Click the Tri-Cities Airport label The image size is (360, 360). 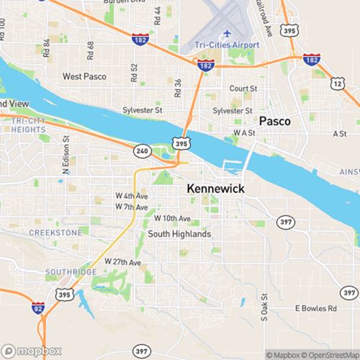(225, 45)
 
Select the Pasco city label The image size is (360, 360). (275, 121)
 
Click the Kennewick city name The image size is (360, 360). (215, 189)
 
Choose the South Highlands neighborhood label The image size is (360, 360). (179, 235)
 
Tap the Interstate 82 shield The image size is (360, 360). (37, 308)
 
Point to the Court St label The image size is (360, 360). (243, 89)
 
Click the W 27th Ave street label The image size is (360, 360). (123, 261)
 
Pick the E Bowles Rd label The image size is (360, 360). (316, 308)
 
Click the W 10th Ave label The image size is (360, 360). (173, 218)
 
